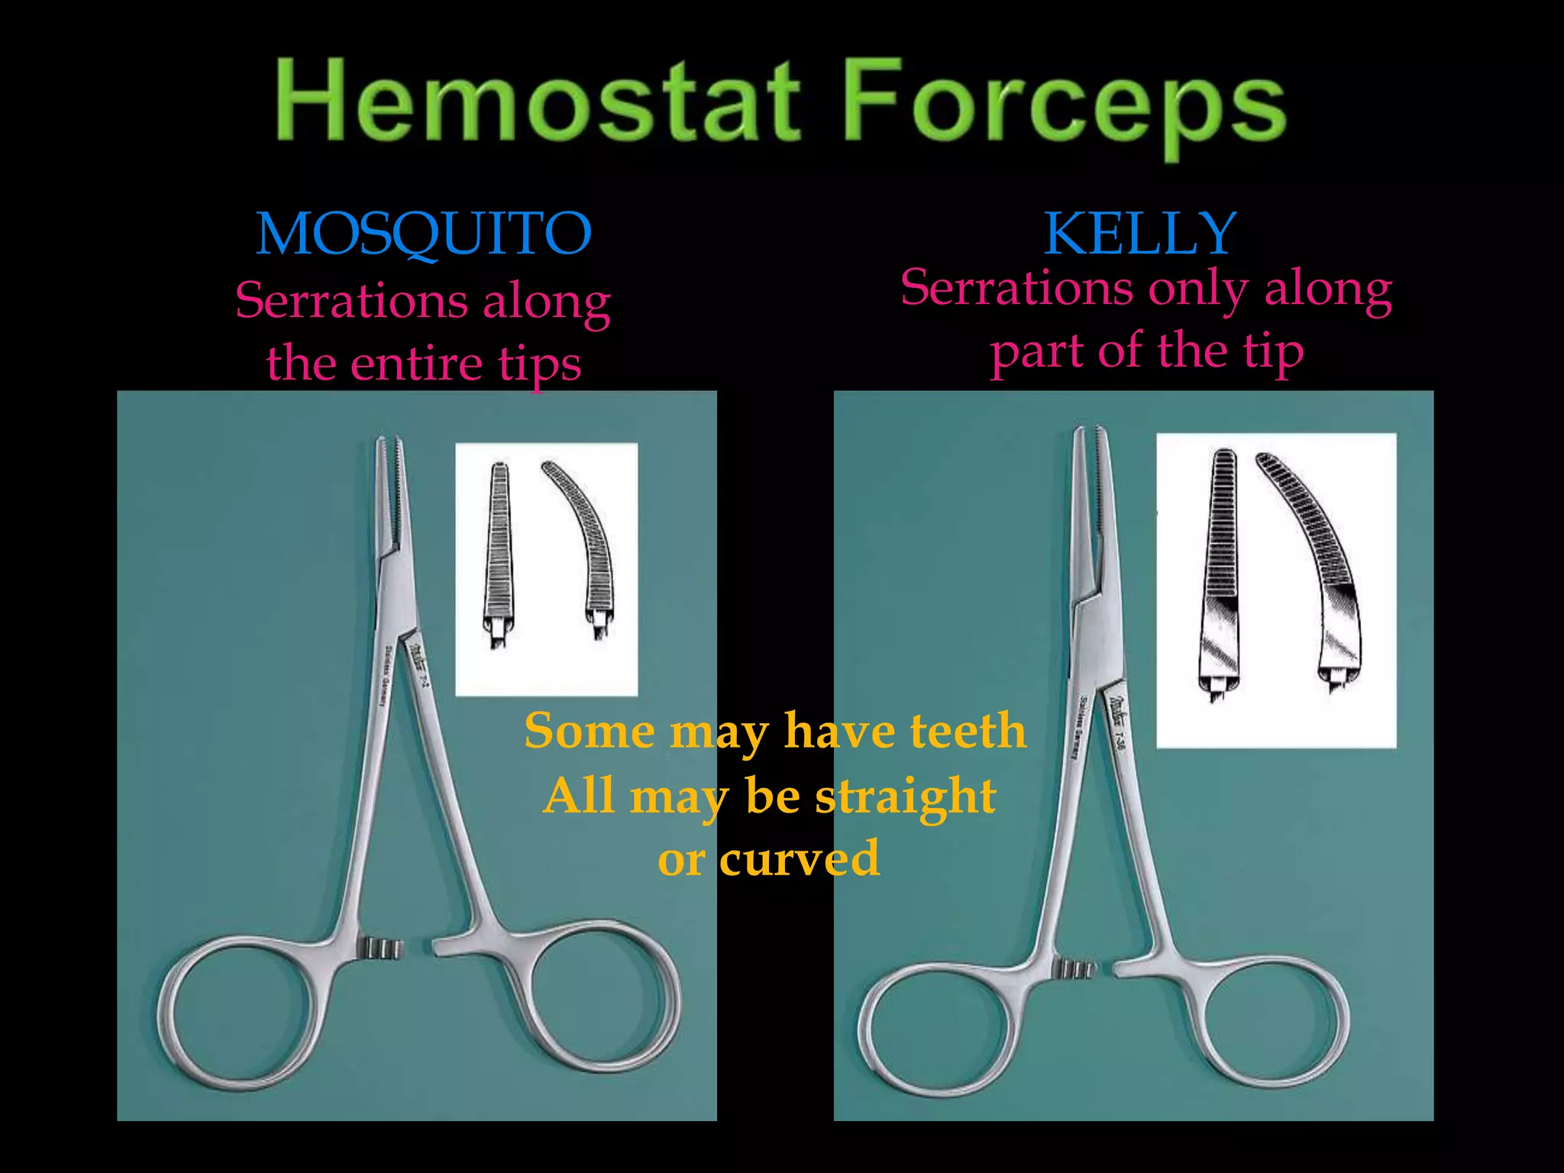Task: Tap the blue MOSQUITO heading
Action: pyautogui.click(x=424, y=234)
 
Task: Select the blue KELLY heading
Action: pyautogui.click(x=1140, y=234)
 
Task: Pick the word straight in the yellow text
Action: pyautogui.click(x=905, y=797)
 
